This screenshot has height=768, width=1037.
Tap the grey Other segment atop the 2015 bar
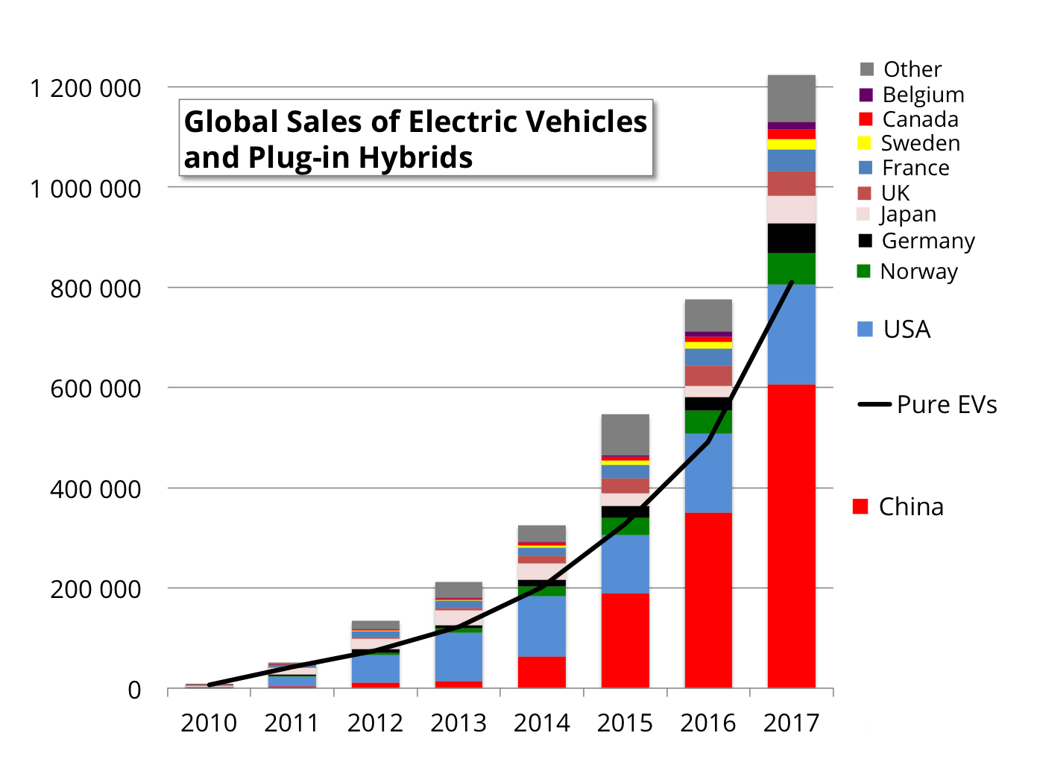[625, 434]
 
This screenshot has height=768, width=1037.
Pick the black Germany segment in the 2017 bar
[791, 238]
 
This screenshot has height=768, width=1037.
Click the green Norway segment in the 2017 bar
[791, 268]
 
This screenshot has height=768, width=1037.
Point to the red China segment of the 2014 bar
[541, 672]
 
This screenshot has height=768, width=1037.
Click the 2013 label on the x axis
[458, 723]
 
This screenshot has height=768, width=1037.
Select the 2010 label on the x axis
[209, 723]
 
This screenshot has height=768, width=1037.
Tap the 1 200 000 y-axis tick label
[85, 89]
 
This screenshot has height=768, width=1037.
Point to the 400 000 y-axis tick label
[95, 489]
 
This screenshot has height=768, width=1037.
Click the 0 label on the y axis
[134, 690]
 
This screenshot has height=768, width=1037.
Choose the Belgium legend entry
[923, 95]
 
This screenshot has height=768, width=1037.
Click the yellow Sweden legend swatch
[865, 143]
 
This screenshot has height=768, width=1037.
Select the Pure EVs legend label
[946, 404]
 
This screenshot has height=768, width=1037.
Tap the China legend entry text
[910, 506]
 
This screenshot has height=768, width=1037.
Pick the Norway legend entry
[918, 271]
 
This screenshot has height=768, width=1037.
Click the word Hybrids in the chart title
[415, 157]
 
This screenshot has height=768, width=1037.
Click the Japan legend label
[907, 215]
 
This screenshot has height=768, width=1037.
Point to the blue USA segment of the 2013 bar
[458, 656]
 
